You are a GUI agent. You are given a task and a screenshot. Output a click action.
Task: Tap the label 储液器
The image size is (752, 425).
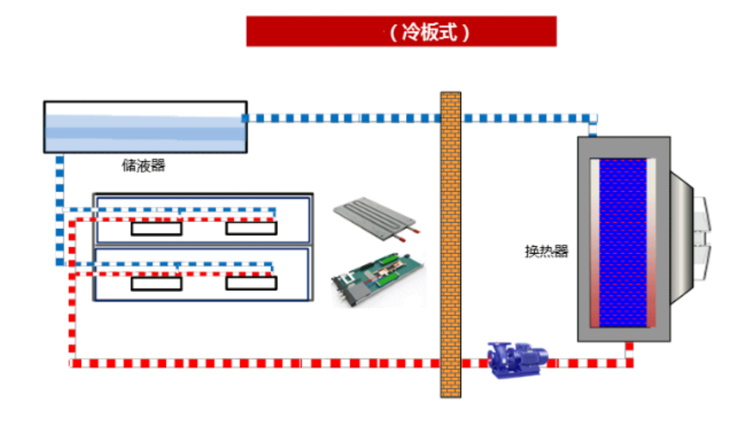point(144,166)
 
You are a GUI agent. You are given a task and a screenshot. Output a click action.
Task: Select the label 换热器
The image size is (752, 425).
point(546,252)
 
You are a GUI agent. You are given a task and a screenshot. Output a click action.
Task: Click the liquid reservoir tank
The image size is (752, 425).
point(145,127)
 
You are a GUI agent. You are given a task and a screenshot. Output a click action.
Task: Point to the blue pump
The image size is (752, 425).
point(517,358)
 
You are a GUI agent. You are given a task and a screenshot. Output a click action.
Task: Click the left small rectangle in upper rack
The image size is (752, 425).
point(157,229)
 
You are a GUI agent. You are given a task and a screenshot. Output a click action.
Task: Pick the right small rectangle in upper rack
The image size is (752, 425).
point(251,229)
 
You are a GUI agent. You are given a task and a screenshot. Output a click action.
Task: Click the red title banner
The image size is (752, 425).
point(309,32)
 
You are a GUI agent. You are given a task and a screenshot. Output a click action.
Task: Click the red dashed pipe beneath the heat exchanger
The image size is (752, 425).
point(629,353)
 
